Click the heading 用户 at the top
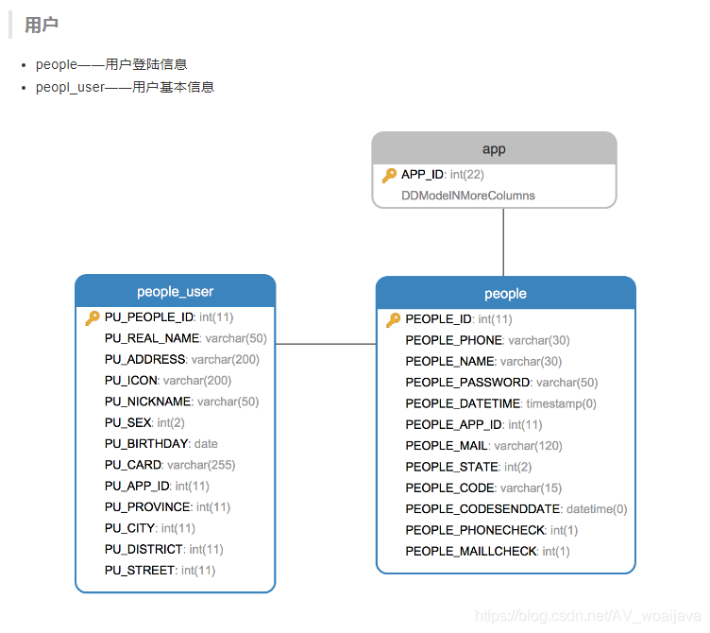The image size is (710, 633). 42,26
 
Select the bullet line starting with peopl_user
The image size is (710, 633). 125,87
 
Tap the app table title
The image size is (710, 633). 494,149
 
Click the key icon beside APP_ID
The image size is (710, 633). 389,175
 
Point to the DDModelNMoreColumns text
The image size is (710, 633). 468,196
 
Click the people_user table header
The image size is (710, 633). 175,291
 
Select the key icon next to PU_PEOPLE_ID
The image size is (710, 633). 93,317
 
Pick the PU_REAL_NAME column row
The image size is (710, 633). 185,338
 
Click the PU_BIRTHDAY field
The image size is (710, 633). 161,444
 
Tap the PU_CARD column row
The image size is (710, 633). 170,465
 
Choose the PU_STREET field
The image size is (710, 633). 160,571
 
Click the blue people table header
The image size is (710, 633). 505,294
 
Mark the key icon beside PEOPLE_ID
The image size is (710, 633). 393,319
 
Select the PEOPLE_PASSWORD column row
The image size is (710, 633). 501,383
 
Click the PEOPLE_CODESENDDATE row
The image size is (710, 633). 516,509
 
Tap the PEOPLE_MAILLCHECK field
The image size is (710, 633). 487,552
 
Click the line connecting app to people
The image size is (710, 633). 503,242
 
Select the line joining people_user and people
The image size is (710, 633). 326,344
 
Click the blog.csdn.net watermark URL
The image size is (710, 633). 588,616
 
